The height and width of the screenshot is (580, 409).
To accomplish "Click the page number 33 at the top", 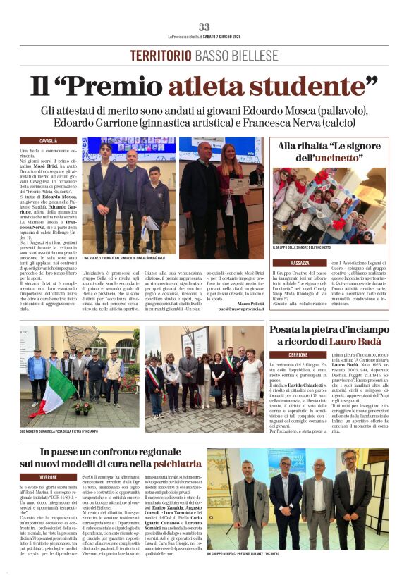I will point(204,27).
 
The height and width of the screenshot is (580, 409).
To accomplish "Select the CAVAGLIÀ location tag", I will point(49,141).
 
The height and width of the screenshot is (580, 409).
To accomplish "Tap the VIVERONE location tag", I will point(49,476).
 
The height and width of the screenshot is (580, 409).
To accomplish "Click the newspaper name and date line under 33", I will point(204,36).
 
